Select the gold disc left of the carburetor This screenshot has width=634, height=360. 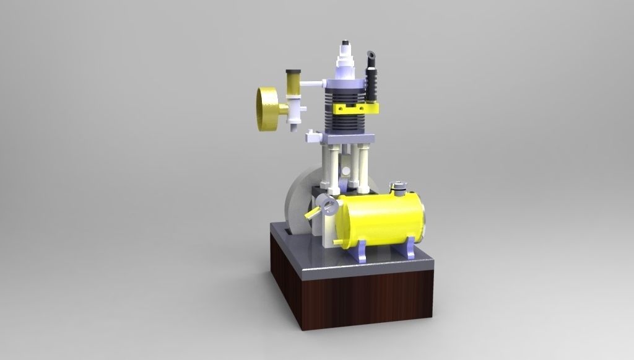tap(268, 109)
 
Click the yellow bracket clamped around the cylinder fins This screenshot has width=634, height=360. tap(355, 108)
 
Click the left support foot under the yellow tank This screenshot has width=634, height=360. tap(362, 250)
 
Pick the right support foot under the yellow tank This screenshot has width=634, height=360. tap(409, 250)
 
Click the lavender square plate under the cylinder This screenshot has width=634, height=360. tap(347, 137)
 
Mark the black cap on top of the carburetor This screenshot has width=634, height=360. tap(293, 71)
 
